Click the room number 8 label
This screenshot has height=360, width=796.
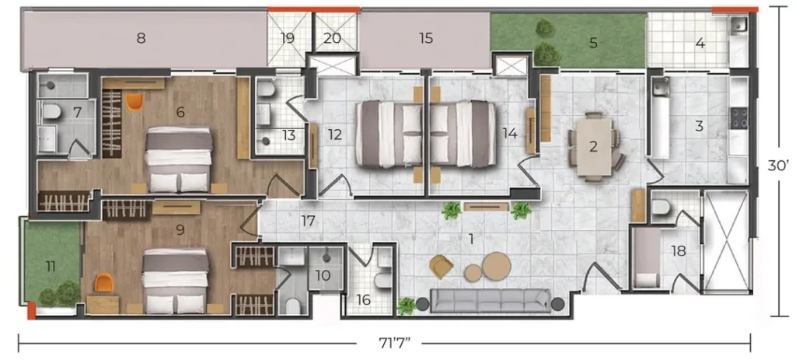pos(141,38)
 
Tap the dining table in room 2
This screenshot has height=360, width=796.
pos(593,147)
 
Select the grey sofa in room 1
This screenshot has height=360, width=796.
pos(490,301)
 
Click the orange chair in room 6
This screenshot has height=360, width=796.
pos(134,101)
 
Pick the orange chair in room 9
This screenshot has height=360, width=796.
pos(104,283)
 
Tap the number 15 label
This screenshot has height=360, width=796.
pos(426,38)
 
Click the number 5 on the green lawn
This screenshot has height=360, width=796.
pos(593,44)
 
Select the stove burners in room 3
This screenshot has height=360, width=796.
pos(738,118)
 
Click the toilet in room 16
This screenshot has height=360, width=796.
pos(383,280)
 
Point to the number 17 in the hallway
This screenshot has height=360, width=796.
pos(308,222)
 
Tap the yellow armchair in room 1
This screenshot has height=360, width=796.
pos(441,267)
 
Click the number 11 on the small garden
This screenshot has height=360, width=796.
pos(51,266)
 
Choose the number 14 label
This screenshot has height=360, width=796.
pos(509,134)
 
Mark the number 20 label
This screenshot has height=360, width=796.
pos(332,39)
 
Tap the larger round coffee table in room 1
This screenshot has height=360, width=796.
pos(497,266)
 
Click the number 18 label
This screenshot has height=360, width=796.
pos(678,251)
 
